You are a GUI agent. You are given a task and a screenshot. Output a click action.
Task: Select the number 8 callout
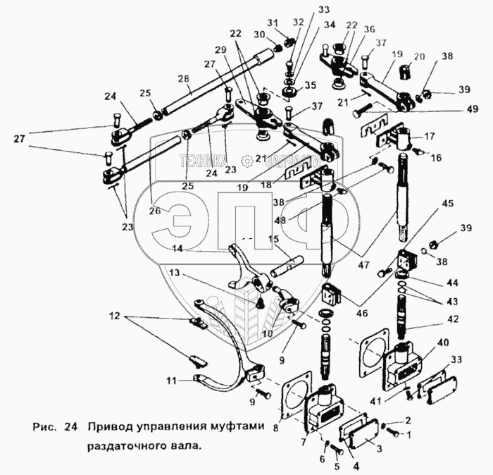tap(275, 427)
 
